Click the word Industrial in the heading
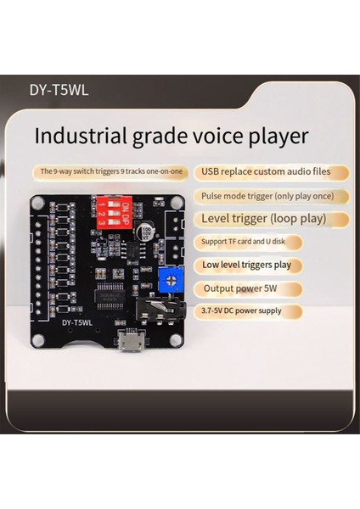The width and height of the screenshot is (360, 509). coord(77,137)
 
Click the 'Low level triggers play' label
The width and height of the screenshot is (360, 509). coord(246,265)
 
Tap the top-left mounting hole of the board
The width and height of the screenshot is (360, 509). coord(38,203)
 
